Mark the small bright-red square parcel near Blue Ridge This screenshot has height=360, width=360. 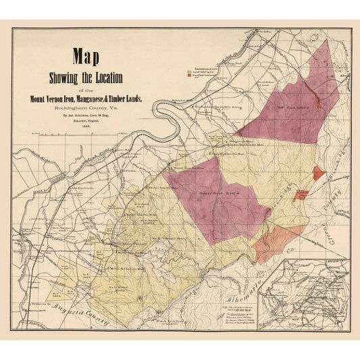tap(318, 172)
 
